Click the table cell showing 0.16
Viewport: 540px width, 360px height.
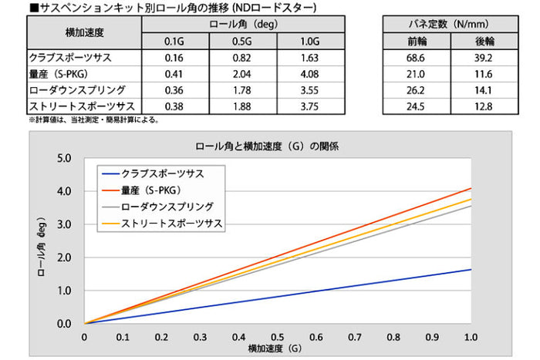[x=174, y=58]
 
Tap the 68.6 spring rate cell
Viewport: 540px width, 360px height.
[x=416, y=58]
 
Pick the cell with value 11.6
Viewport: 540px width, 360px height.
[x=484, y=74]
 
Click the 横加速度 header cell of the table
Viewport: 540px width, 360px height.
[x=85, y=33]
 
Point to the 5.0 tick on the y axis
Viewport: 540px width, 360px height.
[x=65, y=158]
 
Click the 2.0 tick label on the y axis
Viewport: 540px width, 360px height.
[x=65, y=257]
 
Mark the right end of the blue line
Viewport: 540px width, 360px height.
[x=471, y=269]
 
